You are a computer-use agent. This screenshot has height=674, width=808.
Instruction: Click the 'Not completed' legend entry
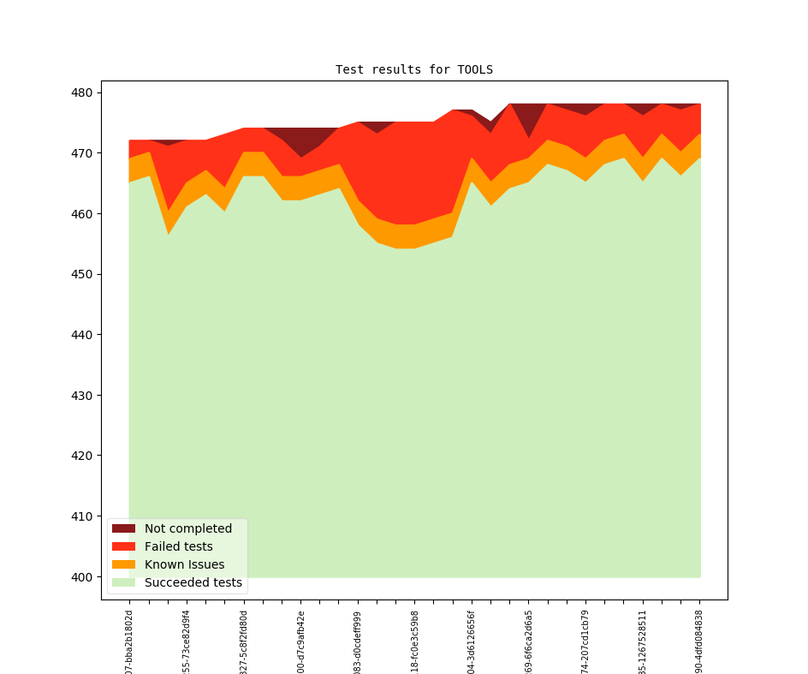tap(187, 528)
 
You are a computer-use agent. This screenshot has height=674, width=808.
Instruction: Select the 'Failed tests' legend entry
tap(178, 546)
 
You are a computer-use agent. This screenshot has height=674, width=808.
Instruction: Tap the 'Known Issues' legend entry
tap(184, 564)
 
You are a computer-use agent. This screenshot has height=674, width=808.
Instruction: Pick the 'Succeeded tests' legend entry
tap(193, 582)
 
